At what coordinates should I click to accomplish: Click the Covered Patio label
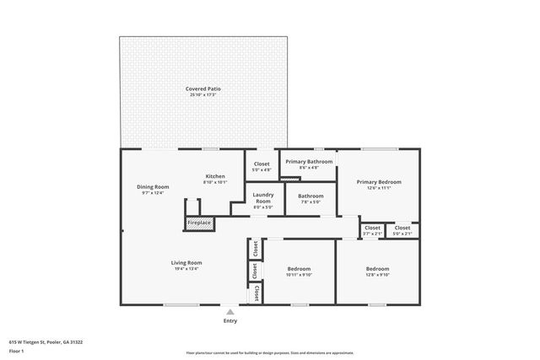click(x=203, y=89)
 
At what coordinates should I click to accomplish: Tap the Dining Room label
click(x=154, y=186)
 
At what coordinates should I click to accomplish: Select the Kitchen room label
click(x=215, y=176)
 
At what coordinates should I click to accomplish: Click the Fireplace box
click(x=200, y=223)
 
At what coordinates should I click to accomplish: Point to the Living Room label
click(x=186, y=262)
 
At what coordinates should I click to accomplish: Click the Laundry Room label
click(x=263, y=197)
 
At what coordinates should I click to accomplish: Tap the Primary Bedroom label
click(x=378, y=181)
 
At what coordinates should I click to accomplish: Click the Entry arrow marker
click(x=229, y=311)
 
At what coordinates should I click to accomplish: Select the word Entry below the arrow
click(x=229, y=320)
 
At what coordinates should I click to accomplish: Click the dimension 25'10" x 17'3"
click(x=203, y=94)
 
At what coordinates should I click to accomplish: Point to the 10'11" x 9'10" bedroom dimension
click(x=299, y=275)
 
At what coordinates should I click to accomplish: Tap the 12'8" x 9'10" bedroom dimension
click(x=378, y=275)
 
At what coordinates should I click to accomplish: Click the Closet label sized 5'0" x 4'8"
click(x=262, y=164)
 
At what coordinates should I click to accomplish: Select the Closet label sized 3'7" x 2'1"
click(x=372, y=228)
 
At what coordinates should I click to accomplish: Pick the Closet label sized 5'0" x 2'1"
click(x=402, y=228)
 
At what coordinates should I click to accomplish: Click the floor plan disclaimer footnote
click(x=270, y=352)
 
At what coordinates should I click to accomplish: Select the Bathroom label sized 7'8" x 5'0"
click(x=310, y=196)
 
